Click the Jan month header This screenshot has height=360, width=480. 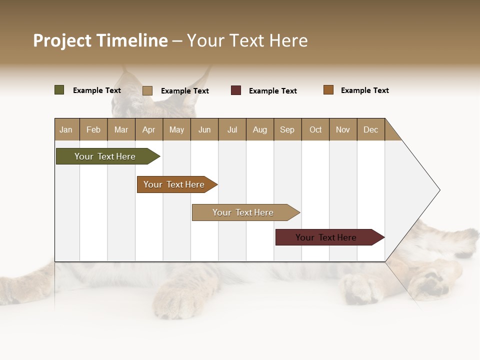66,129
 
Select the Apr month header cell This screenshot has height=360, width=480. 149,129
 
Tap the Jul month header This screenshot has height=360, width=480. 232,129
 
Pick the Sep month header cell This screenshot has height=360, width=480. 287,129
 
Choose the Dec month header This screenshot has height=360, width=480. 370,129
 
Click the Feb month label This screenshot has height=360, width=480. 93,129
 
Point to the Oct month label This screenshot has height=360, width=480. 315,129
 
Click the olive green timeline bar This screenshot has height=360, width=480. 105,156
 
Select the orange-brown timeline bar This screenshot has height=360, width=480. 174,184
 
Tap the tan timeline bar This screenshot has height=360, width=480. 243,212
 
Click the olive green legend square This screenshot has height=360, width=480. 59,90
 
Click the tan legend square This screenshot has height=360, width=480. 147,90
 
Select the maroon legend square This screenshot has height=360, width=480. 236,90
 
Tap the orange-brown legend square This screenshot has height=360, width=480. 328,90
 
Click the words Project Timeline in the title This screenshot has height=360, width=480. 100,40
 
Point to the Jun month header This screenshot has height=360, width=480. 204,129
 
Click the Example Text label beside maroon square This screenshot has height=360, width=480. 272,91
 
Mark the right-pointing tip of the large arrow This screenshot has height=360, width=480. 438,190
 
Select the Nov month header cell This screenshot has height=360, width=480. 343,129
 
